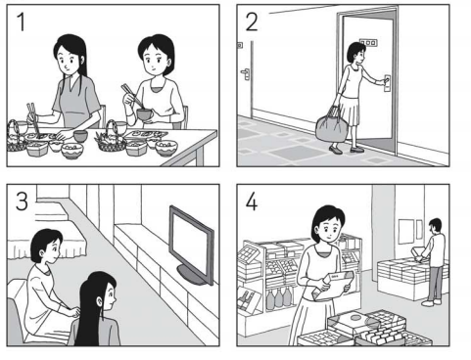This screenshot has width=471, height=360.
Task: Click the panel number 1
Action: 22,22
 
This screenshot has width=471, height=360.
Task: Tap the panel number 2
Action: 252,22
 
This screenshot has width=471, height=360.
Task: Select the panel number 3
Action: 22,202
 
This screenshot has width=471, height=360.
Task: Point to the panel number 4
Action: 252,202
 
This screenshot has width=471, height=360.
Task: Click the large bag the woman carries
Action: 331,128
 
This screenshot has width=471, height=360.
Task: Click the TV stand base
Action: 193,276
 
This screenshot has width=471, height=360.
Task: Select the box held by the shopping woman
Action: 333,285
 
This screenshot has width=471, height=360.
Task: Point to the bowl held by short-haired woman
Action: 145,114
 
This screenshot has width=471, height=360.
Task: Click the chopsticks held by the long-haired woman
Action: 32,118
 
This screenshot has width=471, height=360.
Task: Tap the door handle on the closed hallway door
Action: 246,73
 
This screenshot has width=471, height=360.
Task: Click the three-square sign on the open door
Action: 368,42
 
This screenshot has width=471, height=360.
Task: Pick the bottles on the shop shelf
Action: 278,298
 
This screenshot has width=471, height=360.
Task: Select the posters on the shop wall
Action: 410,231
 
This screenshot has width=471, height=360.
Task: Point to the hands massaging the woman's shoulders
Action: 73,312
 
